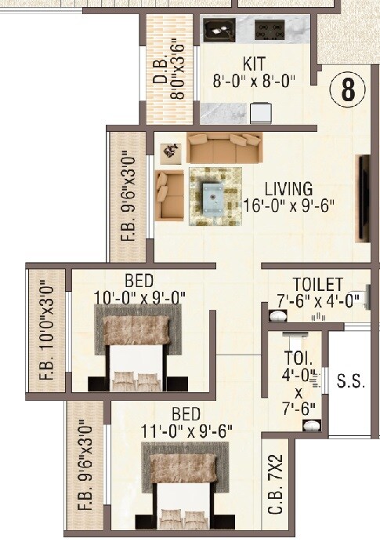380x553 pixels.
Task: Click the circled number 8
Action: (x=348, y=90)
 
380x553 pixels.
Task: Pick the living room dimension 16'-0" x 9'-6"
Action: (x=288, y=206)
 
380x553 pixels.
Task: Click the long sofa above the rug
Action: (x=224, y=147)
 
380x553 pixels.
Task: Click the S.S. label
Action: (x=350, y=382)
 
